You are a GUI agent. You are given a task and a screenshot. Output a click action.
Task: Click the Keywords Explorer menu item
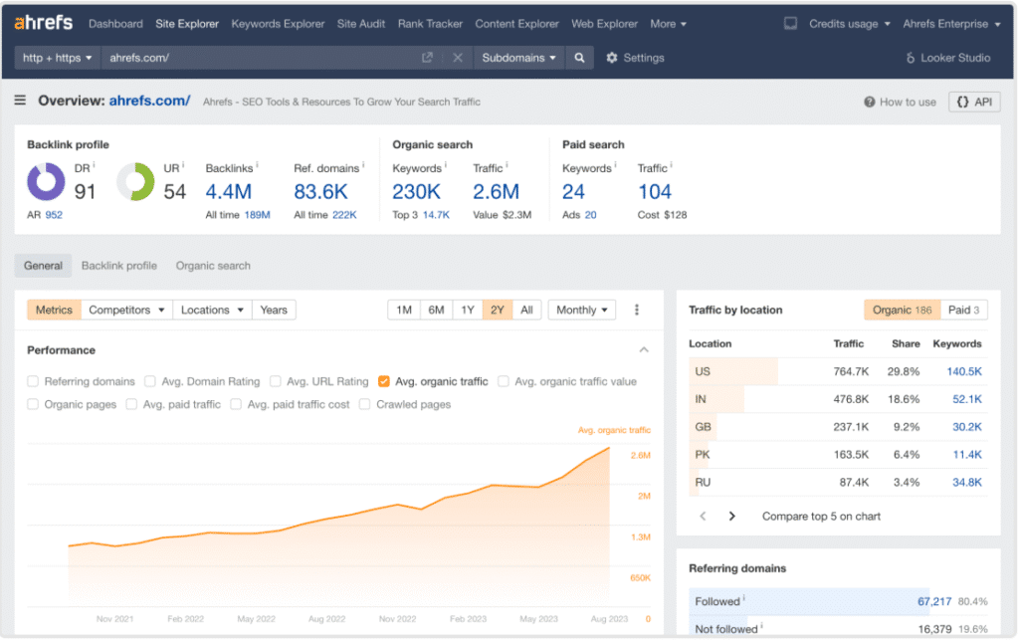(278, 24)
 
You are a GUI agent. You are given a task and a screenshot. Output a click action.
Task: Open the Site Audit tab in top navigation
(360, 24)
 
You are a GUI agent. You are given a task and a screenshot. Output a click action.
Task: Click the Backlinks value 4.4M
(228, 191)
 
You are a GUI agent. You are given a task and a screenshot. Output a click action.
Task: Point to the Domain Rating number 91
(86, 191)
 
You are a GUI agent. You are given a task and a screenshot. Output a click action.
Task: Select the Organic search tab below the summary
(213, 266)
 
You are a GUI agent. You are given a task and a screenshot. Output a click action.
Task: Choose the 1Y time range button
(467, 311)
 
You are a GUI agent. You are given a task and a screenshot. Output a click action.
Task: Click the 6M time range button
(436, 311)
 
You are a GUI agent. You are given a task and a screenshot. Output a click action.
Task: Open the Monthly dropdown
(582, 311)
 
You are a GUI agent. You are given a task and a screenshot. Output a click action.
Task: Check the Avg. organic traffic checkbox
(384, 381)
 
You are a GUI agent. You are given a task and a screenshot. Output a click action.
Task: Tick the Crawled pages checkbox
(365, 405)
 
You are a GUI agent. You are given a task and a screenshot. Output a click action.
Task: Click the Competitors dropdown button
(126, 311)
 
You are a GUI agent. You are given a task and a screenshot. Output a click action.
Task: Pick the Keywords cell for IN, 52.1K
(966, 399)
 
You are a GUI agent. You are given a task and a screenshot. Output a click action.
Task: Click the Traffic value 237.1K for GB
(851, 427)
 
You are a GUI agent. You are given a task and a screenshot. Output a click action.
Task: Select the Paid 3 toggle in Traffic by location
(965, 311)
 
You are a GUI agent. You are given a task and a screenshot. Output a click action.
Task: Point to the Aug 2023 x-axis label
(608, 619)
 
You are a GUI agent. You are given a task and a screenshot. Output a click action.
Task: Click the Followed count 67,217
(933, 601)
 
